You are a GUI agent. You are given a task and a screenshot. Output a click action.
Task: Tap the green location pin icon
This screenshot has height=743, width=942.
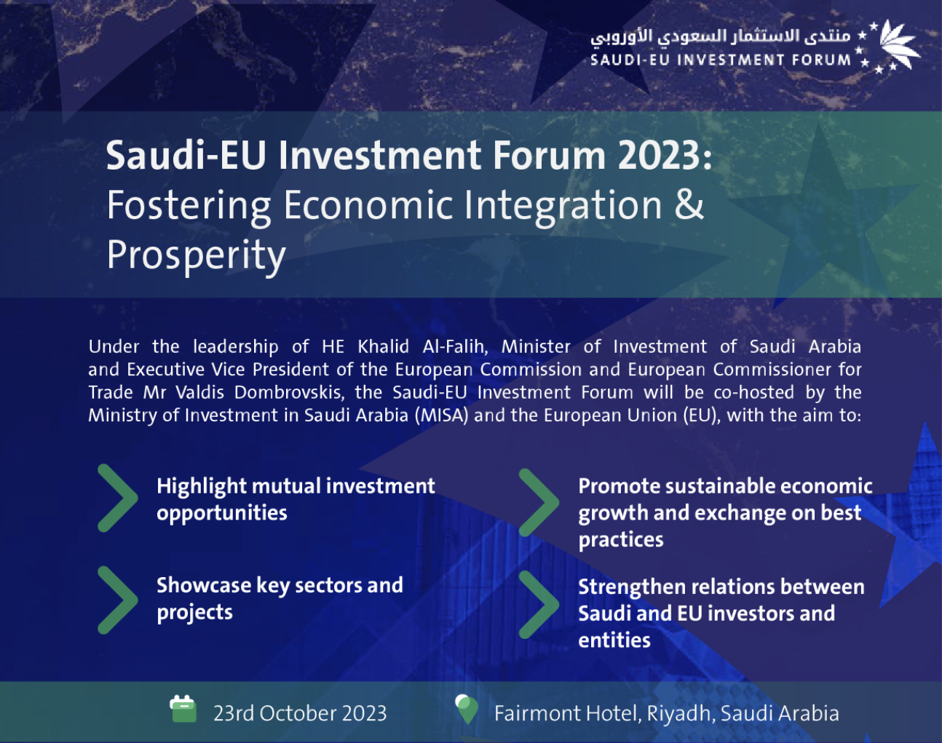click(x=467, y=709)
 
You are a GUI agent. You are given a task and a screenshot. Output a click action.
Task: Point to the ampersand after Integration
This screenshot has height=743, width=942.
click(x=689, y=204)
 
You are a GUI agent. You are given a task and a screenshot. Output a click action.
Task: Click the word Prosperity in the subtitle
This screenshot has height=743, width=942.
click(x=196, y=255)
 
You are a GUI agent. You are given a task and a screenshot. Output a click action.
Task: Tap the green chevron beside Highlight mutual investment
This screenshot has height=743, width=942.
click(x=117, y=498)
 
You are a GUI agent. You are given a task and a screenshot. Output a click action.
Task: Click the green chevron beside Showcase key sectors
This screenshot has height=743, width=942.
click(x=117, y=600)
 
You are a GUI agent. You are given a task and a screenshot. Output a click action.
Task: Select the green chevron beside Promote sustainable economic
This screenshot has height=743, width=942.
click(x=539, y=502)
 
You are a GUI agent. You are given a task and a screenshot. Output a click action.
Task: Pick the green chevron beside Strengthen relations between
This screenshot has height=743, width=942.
click(x=539, y=604)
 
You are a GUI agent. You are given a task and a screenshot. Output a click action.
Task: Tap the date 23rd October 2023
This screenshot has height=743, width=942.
click(x=300, y=713)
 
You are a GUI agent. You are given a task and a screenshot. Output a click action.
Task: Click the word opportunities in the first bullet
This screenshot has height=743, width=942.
click(x=222, y=513)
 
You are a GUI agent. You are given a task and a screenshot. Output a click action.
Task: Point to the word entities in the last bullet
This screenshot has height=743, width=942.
click(x=614, y=640)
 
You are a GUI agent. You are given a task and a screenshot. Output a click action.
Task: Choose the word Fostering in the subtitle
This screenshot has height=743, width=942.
click(x=189, y=206)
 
